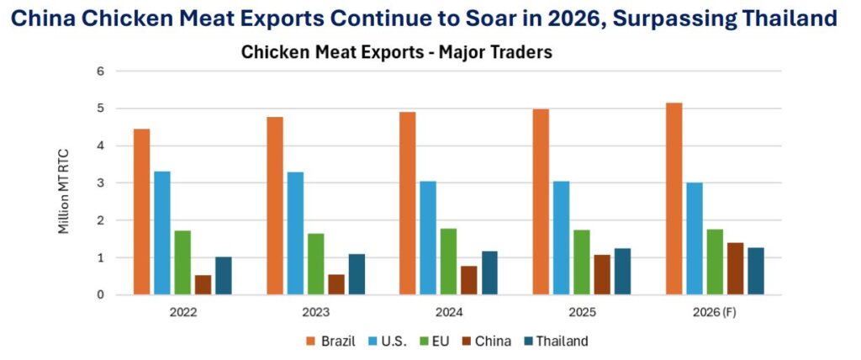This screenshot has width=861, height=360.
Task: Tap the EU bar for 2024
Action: tap(449, 262)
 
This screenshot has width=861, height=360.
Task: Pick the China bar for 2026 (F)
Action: tap(736, 268)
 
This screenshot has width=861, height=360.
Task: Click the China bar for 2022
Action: tap(203, 284)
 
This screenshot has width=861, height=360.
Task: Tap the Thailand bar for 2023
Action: tap(357, 274)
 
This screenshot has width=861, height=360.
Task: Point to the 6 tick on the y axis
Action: tap(99, 71)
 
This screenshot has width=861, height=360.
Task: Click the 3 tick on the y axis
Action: tap(99, 183)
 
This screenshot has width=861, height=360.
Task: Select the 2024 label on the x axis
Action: tap(449, 312)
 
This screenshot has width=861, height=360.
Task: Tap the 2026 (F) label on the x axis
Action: tap(716, 312)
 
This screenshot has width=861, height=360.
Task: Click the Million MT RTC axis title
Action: tap(65, 184)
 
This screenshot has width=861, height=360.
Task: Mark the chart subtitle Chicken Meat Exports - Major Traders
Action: tap(396, 52)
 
